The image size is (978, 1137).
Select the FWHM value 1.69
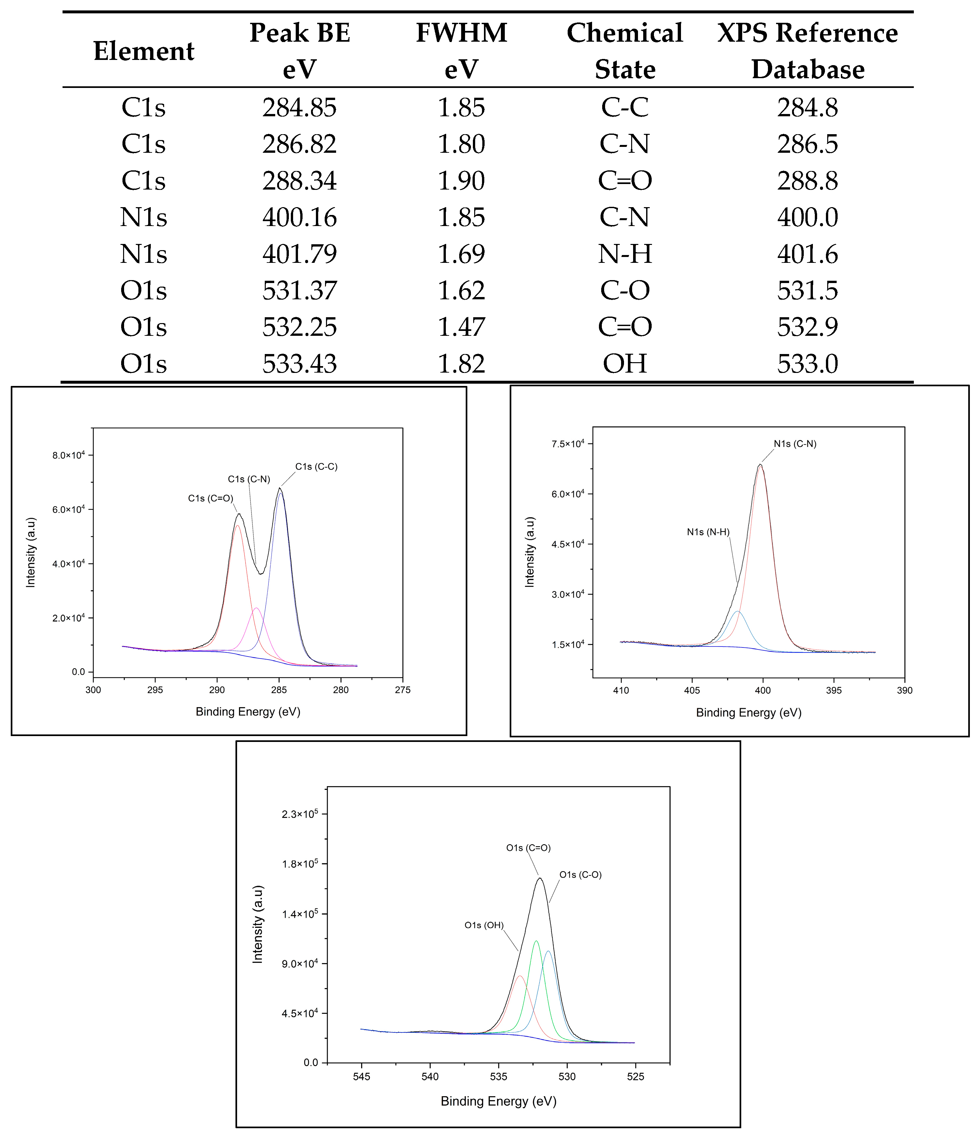[x=461, y=253]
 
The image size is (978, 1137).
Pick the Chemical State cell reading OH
[x=625, y=363]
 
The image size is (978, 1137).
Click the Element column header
[x=144, y=51]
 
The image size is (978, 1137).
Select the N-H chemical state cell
[x=625, y=253]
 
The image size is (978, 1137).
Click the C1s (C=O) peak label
[x=210, y=498]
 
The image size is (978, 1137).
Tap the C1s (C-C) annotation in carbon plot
[x=316, y=466]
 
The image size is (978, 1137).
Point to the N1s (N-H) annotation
[x=708, y=532]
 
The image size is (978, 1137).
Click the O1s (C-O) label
[x=580, y=875]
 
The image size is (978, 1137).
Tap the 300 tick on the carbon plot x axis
[x=93, y=690]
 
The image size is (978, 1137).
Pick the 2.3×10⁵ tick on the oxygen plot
[x=300, y=814]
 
